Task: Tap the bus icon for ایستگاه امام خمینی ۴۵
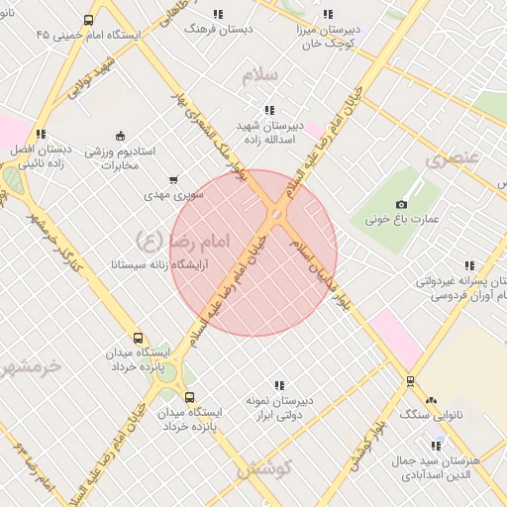[89, 20]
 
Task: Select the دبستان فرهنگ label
[219, 29]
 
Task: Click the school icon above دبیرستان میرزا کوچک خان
[328, 16]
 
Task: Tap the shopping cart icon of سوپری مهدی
[174, 180]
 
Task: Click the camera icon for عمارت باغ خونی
[401, 203]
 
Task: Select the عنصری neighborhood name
[453, 157]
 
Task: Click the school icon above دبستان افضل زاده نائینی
[41, 134]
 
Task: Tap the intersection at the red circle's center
[275, 214]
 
